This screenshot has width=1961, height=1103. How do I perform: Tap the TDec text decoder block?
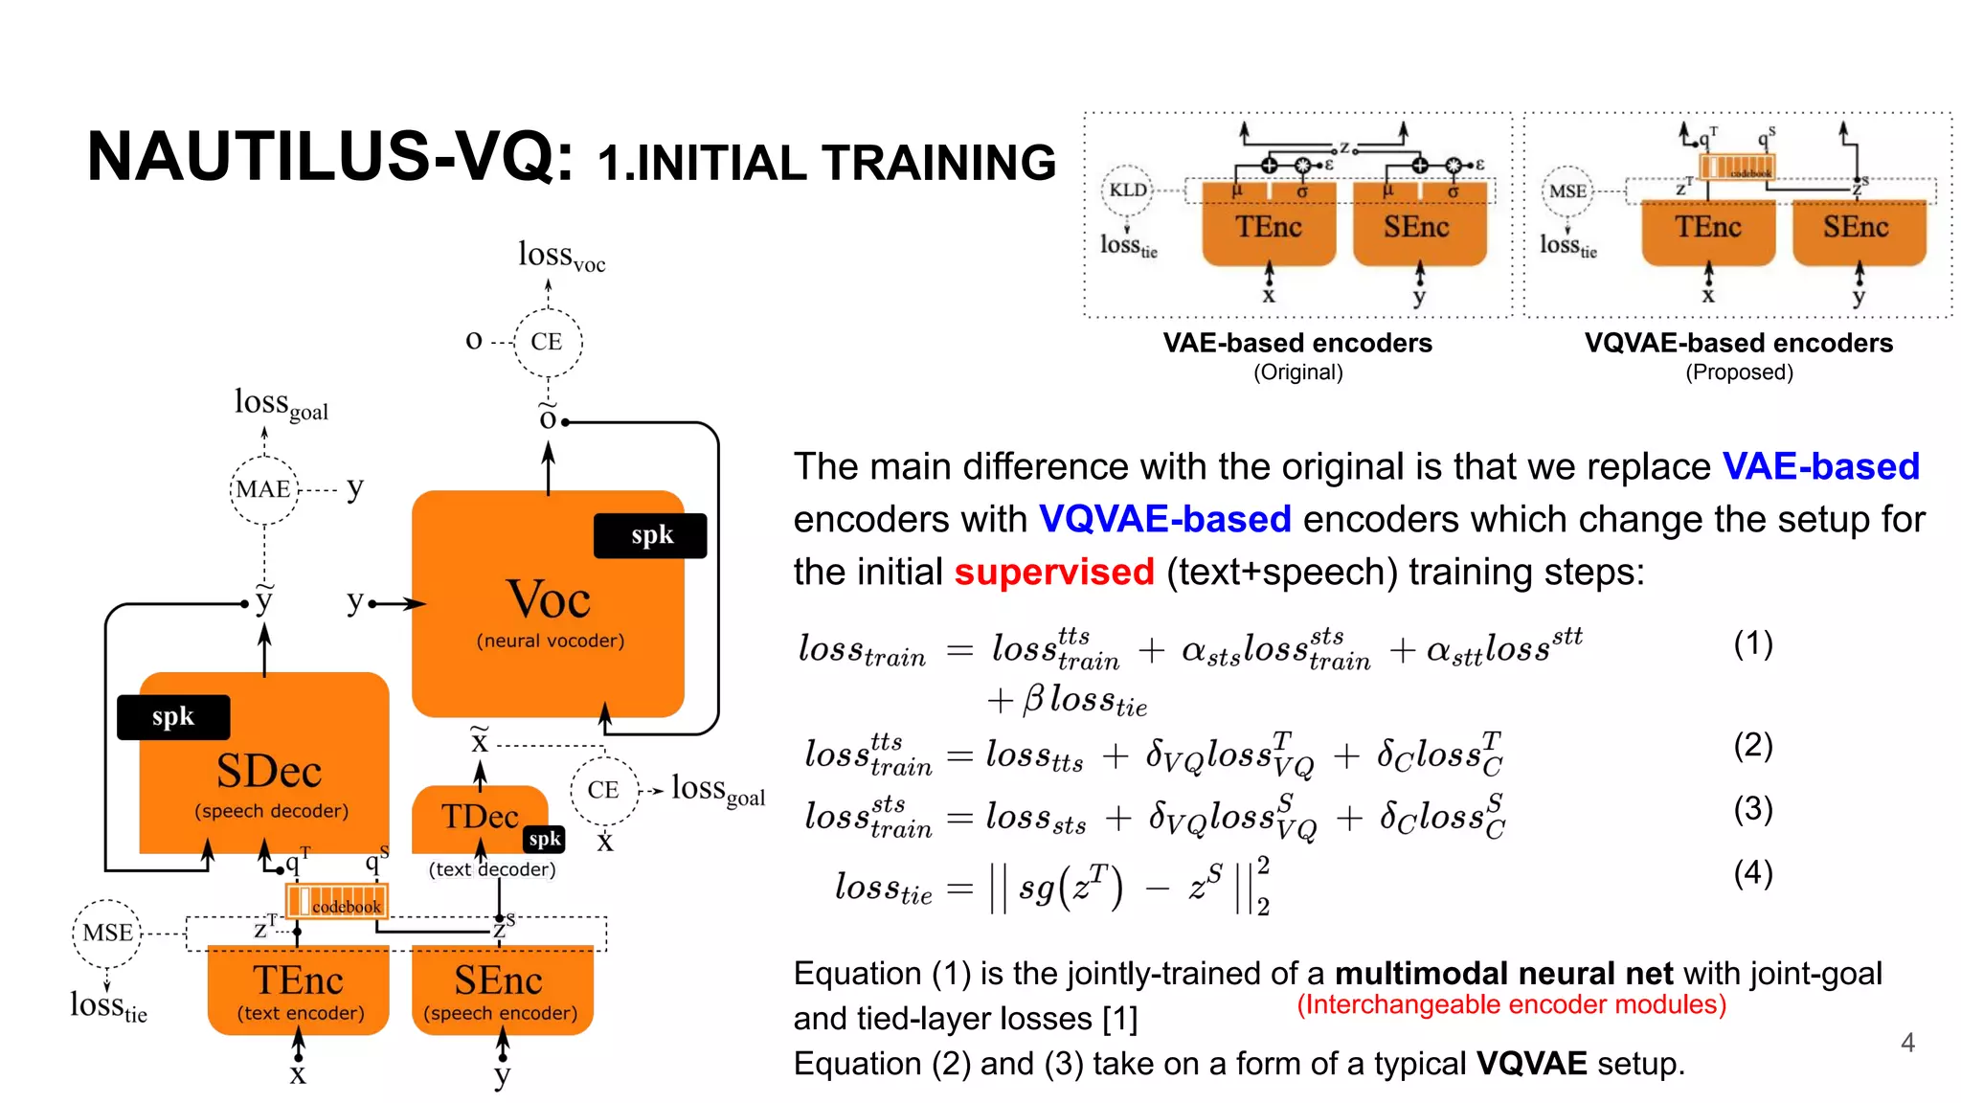click(479, 819)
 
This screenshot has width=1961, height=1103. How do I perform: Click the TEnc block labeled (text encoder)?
click(299, 990)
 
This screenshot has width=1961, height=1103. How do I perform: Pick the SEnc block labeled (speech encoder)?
click(501, 990)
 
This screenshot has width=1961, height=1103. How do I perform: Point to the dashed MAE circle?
click(264, 490)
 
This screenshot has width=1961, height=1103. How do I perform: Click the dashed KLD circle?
click(1128, 190)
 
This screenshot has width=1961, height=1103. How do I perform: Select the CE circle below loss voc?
click(547, 342)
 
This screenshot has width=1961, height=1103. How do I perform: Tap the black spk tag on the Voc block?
click(651, 535)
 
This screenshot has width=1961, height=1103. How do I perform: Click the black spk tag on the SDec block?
click(173, 717)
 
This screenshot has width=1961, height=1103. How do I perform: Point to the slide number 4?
click(1907, 1043)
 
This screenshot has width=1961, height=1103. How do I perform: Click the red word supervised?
click(1054, 572)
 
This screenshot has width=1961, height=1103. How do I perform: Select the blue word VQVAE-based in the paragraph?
click(1165, 519)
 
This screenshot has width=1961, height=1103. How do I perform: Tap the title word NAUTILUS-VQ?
click(329, 156)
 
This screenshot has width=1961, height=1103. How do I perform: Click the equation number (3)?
click(1753, 809)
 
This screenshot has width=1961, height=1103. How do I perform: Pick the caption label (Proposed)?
click(1739, 372)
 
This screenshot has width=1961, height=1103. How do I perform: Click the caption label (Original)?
click(1298, 372)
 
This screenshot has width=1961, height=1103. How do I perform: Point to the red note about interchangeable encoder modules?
click(1511, 1004)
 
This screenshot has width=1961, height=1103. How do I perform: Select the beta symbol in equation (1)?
click(1032, 699)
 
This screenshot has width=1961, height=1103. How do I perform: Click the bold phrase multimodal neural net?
click(1503, 974)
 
